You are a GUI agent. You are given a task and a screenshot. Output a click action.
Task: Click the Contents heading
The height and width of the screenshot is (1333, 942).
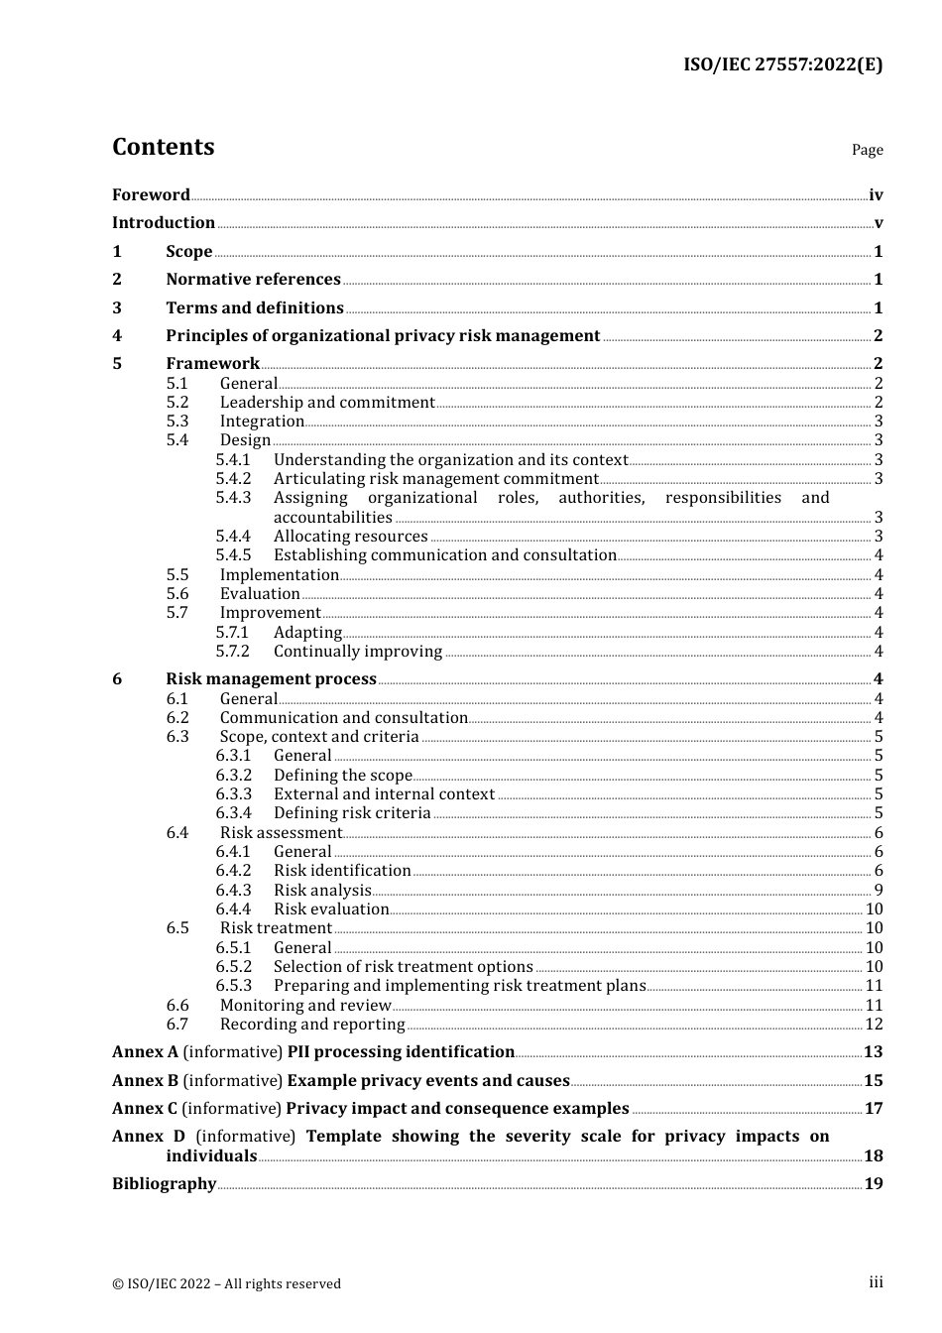163,147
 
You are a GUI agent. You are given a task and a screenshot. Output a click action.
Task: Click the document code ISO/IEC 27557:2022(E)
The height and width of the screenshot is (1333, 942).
782,65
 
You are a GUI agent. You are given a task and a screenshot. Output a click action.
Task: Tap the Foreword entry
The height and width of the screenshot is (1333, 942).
151,195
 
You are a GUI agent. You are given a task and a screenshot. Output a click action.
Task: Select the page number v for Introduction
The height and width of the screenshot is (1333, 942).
878,223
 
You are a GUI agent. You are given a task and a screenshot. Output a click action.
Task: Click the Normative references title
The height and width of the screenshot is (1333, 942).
253,280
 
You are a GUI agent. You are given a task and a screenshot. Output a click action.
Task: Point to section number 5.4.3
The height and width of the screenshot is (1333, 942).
233,498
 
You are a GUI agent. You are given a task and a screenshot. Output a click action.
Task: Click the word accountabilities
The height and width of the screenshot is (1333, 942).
332,518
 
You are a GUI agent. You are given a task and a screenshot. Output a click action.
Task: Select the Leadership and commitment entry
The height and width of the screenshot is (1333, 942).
327,403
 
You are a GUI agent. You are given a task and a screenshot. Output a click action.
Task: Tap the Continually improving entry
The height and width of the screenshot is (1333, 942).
357,652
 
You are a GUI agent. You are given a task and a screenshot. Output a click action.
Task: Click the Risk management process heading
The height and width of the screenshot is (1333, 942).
271,679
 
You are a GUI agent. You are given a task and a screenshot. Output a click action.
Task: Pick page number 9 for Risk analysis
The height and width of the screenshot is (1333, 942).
878,891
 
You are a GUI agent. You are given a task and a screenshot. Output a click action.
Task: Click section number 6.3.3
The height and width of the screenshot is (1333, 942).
233,794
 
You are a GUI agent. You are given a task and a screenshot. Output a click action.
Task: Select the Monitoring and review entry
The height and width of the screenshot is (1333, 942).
305,1006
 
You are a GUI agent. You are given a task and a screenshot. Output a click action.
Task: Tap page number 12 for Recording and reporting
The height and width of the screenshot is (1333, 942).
874,1025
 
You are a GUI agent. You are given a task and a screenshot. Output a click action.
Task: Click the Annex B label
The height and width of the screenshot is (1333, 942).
145,1081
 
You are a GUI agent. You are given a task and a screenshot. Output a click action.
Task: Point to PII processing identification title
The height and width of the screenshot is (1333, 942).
401,1052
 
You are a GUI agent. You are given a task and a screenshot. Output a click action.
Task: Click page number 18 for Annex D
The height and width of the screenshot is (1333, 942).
873,1156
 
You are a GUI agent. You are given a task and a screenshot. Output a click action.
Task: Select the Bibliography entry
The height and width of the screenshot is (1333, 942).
164,1184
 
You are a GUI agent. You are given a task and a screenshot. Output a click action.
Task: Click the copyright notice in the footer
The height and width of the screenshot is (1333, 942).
226,1284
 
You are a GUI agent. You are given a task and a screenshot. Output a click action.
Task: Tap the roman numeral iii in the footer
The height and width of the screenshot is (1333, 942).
876,1282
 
